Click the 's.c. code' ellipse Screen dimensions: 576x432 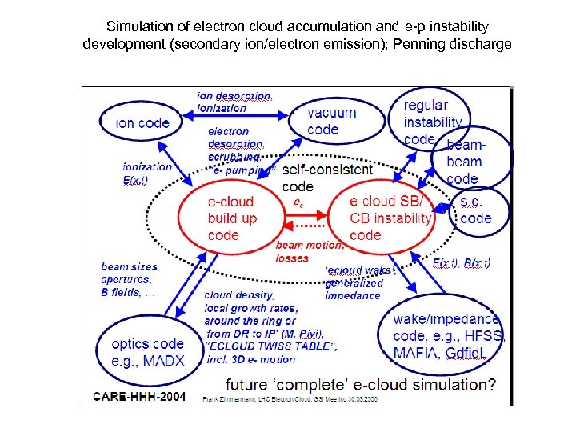pyautogui.click(x=478, y=210)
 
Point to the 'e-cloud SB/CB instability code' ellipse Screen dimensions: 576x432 pyautogui.click(x=388, y=218)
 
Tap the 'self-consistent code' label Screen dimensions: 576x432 pyautogui.click(x=326, y=177)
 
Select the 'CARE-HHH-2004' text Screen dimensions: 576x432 pyautogui.click(x=141, y=397)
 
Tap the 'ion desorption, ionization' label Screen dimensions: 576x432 pyautogui.click(x=234, y=102)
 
